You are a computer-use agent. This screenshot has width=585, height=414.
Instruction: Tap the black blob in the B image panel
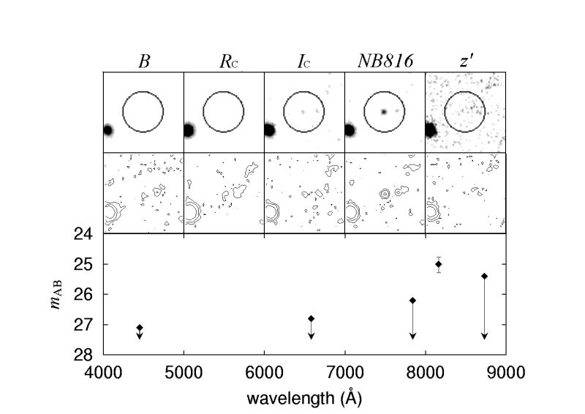click(x=108, y=130)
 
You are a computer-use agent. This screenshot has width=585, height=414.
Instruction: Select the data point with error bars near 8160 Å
click(x=439, y=264)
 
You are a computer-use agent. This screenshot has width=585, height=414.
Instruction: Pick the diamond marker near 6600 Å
click(x=311, y=318)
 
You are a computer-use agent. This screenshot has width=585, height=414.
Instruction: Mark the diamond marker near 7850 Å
click(x=412, y=300)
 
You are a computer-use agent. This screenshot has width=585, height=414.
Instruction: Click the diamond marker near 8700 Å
click(x=484, y=276)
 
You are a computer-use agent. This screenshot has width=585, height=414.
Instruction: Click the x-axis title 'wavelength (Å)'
click(x=304, y=399)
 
